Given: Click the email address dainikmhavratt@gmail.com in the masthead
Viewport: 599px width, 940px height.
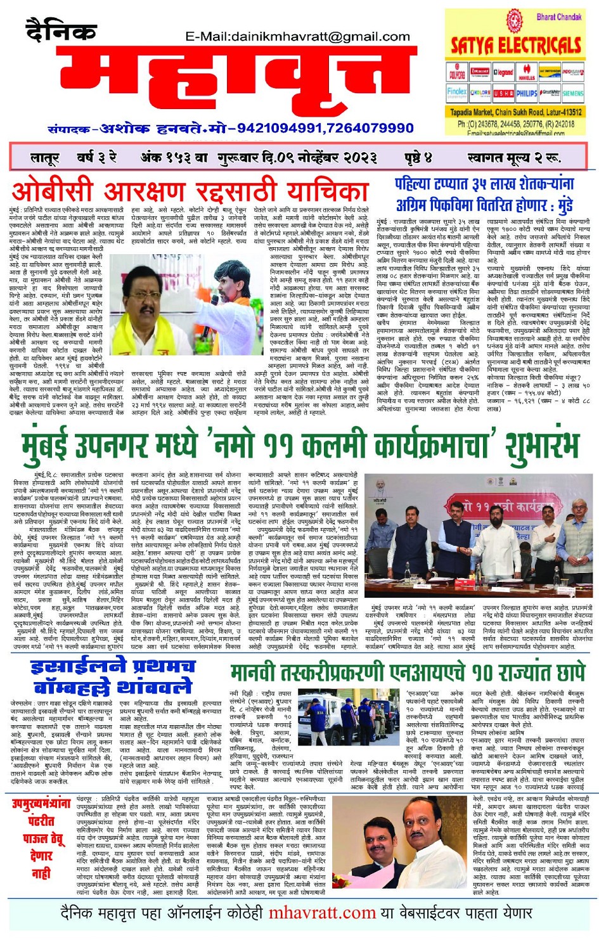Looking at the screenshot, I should tap(297, 37).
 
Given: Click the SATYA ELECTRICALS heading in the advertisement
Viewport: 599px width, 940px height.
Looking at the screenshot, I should tap(516, 45).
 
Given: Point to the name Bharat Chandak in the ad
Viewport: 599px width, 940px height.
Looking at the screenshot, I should tap(558, 17).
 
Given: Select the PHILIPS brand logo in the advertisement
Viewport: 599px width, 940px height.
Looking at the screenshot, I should tap(526, 93).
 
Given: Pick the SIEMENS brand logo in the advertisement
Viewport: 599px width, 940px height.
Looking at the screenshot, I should tap(572, 93).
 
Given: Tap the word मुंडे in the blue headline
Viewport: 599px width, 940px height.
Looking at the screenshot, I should tap(560, 205).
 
